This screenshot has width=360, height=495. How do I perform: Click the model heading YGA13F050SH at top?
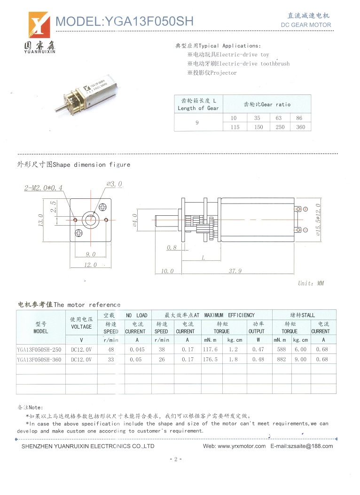click(124, 21)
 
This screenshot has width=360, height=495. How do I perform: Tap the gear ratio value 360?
click(300, 127)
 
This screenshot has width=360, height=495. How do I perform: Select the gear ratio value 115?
click(234, 127)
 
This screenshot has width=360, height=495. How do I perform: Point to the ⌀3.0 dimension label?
click(114, 184)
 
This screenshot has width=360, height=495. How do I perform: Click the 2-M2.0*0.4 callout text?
click(43, 188)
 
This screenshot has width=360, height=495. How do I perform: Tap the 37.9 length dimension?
click(235, 271)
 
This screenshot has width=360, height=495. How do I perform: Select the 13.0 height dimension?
click(41, 220)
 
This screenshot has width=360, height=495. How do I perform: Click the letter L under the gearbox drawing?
click(203, 258)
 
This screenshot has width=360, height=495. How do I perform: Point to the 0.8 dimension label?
click(172, 247)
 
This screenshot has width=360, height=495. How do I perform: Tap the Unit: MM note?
click(311, 283)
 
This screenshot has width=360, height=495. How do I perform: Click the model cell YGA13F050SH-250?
click(39, 349)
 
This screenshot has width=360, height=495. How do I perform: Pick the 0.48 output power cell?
click(258, 359)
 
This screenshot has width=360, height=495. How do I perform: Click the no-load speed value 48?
click(111, 349)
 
